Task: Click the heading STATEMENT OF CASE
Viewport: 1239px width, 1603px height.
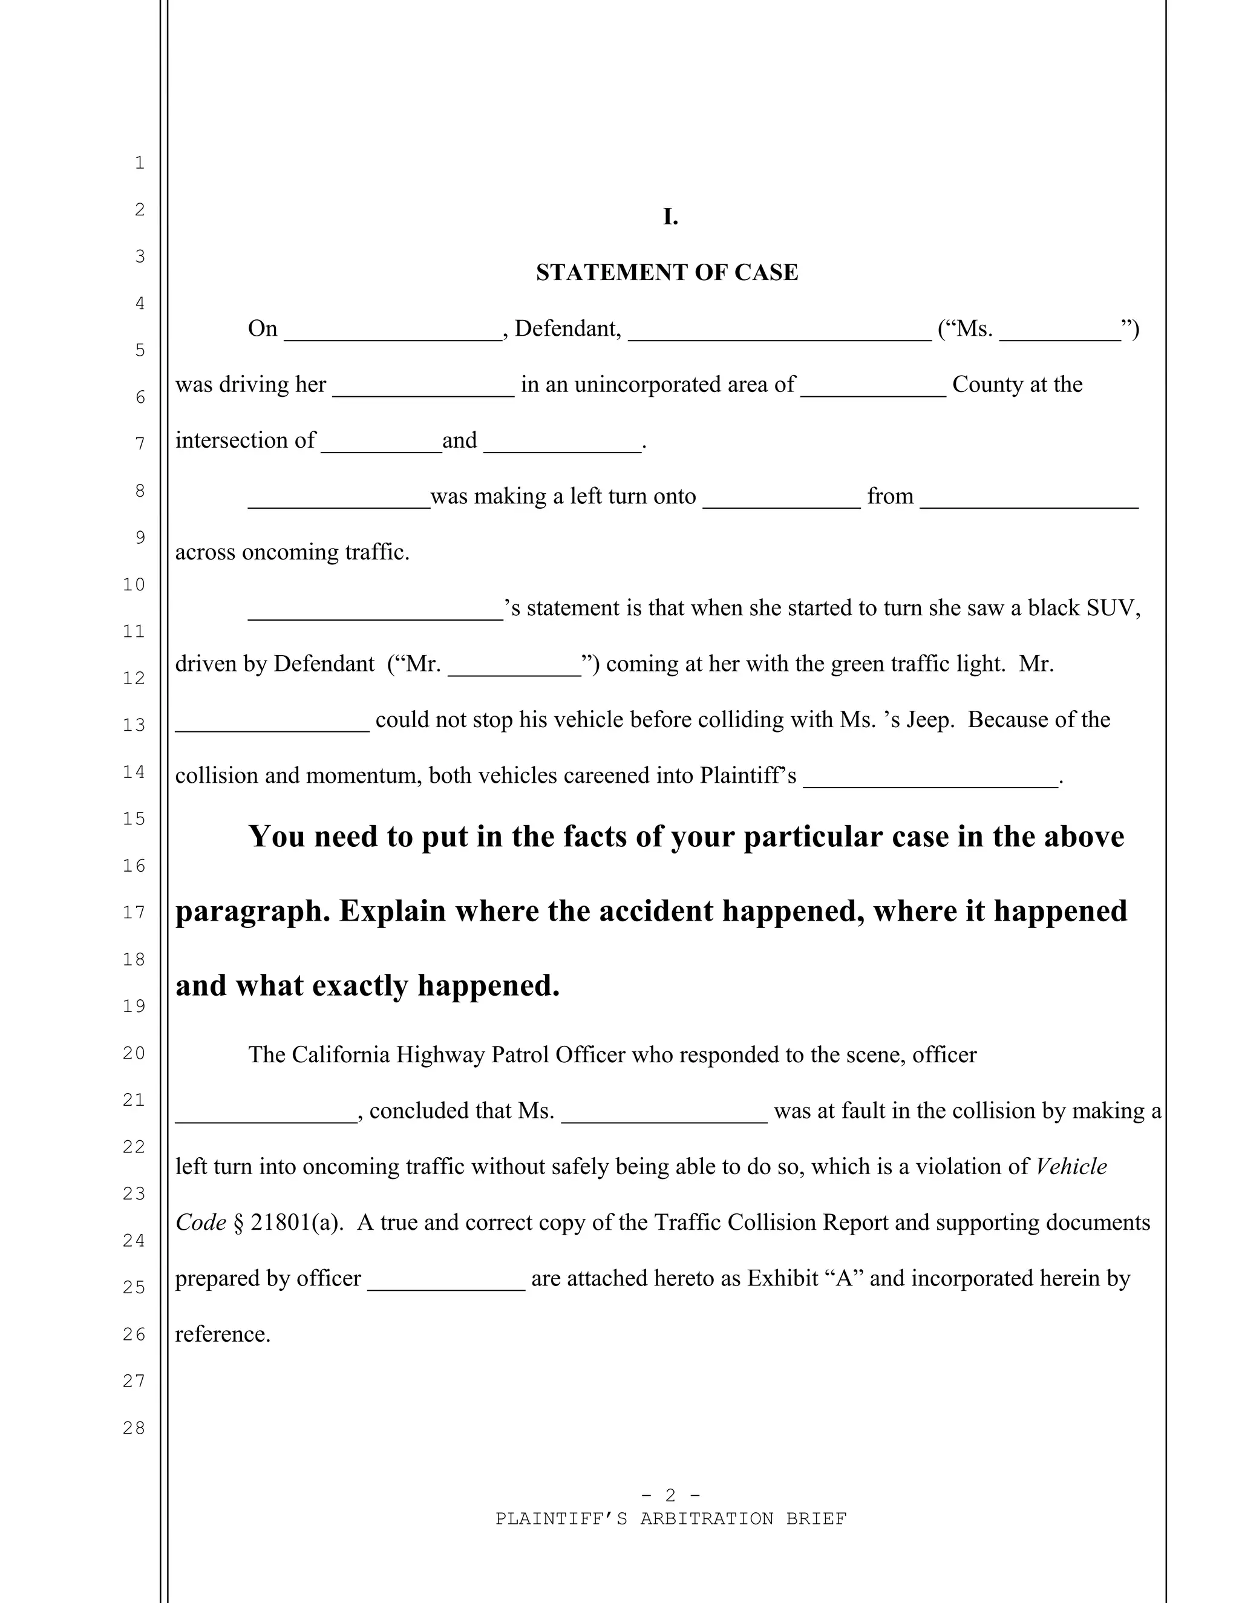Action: [x=667, y=272]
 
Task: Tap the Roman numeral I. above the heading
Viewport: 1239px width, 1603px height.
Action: [x=670, y=217]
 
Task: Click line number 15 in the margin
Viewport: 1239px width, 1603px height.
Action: [x=134, y=818]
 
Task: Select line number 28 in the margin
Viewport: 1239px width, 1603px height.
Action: [x=134, y=1428]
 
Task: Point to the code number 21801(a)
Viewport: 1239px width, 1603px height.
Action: [x=296, y=1222]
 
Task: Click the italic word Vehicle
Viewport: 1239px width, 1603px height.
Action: [x=1070, y=1166]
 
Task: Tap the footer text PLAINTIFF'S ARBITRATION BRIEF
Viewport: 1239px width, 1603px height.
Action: [x=671, y=1518]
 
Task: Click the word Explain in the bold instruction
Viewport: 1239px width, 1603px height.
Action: [x=393, y=911]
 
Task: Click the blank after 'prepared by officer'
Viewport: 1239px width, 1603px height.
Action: [x=445, y=1281]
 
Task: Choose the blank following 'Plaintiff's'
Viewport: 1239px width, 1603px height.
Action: [x=930, y=779]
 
